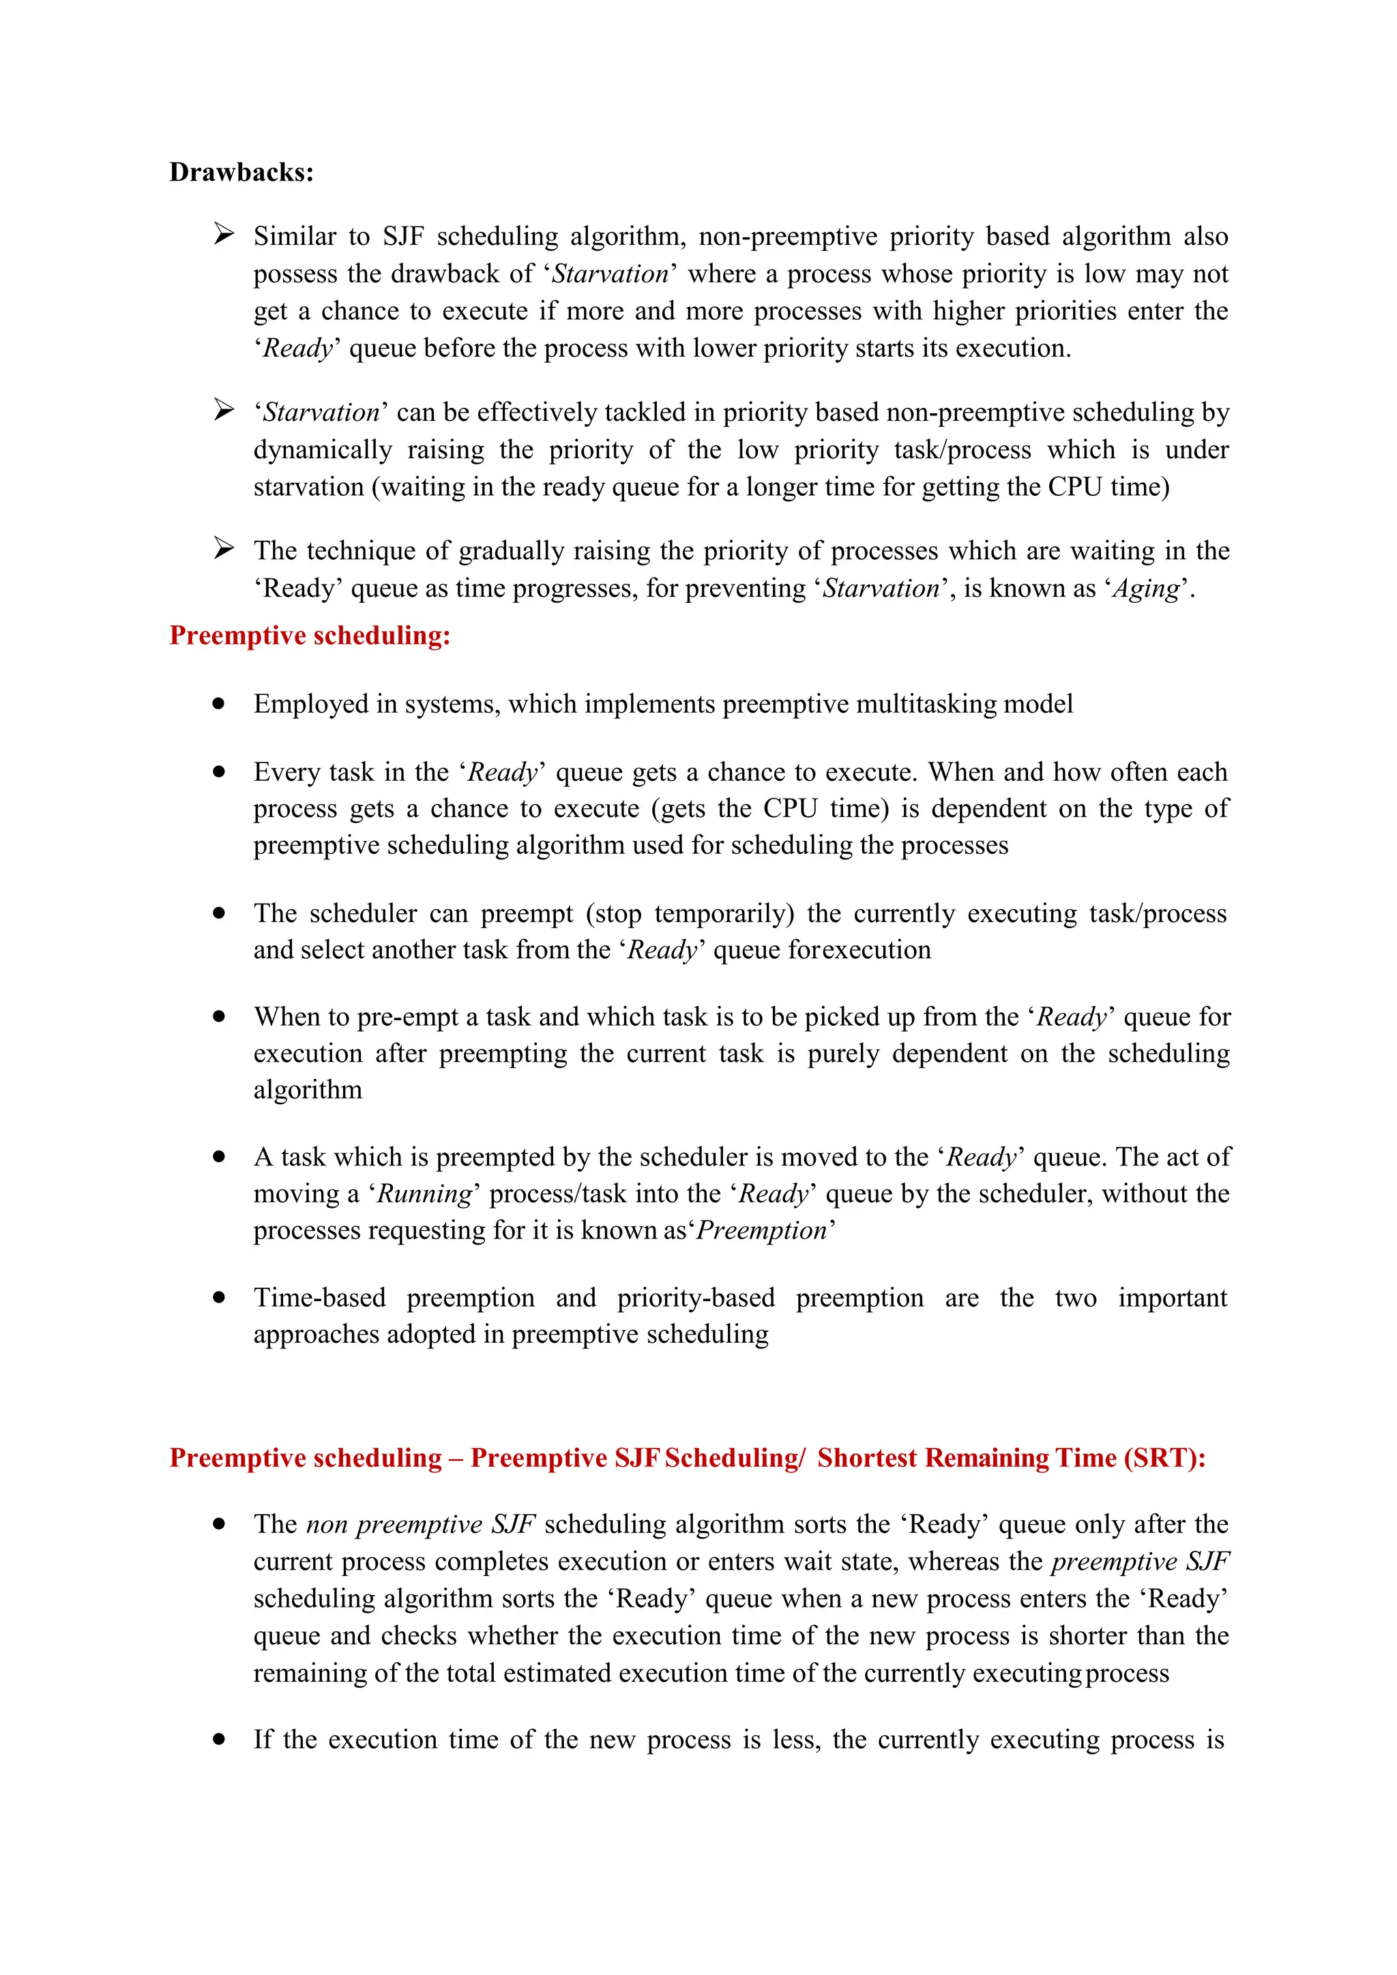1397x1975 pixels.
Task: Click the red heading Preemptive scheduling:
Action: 310,636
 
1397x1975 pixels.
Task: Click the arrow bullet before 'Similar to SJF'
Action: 224,234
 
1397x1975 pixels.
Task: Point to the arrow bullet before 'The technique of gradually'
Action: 224,549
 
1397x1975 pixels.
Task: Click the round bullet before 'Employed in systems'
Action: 220,704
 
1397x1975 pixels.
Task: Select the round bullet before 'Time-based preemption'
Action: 220,1297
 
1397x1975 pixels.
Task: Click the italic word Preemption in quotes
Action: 761,1230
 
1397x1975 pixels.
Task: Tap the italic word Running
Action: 425,1194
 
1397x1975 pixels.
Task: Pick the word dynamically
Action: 322,450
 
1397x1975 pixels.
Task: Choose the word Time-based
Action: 319,1297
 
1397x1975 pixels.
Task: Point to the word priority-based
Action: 695,1297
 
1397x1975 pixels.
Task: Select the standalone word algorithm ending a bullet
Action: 307,1090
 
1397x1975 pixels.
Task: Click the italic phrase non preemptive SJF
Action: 421,1524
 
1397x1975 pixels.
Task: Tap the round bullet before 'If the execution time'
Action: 220,1739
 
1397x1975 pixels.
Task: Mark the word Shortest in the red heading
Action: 867,1458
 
